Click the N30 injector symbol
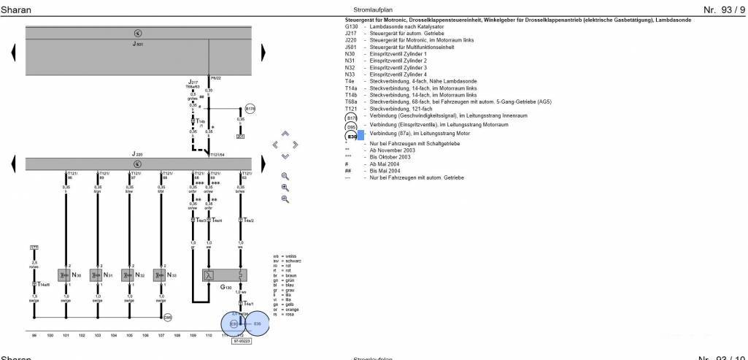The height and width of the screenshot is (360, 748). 65,275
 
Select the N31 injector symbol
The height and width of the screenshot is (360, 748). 96,275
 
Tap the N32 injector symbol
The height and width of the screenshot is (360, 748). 128,275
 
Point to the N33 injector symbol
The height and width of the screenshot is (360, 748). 160,275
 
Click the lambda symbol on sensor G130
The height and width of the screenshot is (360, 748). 208,275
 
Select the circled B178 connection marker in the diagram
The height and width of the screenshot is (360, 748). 250,108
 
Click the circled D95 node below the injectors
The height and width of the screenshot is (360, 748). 167,317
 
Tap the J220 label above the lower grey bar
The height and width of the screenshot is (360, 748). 137,155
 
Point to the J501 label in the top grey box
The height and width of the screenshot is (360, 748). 138,45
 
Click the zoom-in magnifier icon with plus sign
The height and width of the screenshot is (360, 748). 285,187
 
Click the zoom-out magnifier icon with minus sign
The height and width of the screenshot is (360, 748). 285,199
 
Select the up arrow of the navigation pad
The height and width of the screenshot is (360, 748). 285,134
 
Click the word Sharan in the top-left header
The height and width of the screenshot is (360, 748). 15,9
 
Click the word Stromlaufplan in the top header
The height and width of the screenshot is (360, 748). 363,9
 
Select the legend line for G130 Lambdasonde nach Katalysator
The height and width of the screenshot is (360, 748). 394,26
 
